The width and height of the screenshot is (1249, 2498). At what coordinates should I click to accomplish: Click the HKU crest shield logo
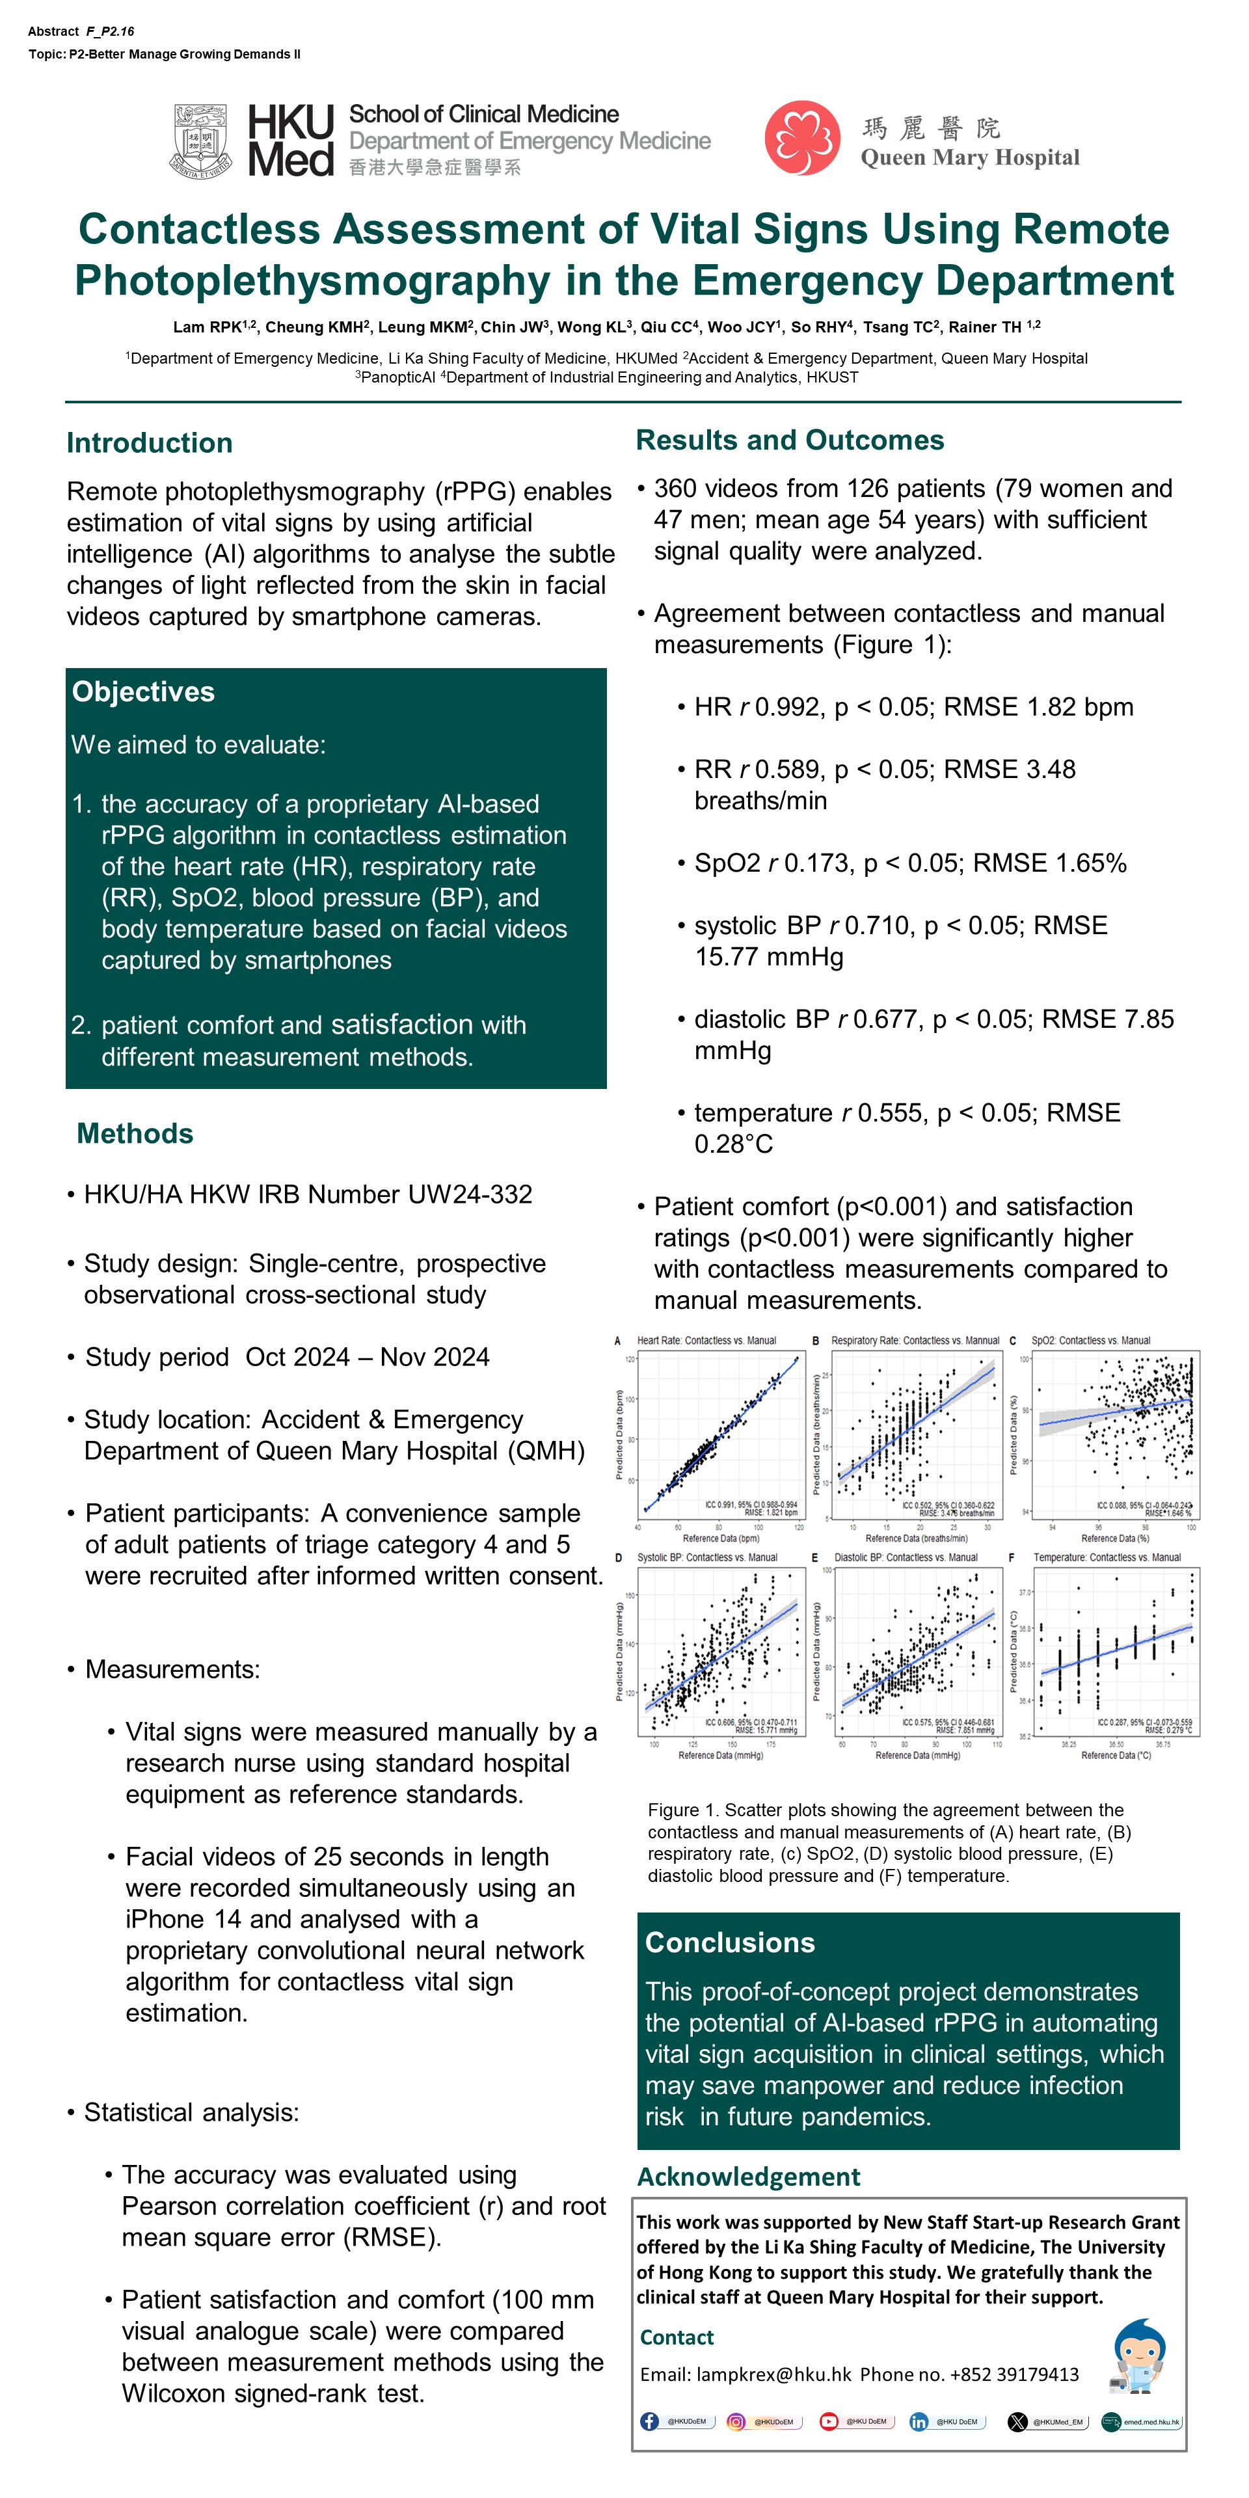(202, 141)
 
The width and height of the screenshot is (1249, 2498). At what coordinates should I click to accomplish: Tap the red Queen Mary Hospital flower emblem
(802, 139)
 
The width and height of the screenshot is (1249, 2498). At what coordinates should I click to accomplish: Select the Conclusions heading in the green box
(730, 1942)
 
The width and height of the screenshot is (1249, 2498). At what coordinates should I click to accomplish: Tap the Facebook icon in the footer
(650, 2421)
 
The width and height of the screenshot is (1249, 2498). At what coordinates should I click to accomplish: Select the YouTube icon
(829, 2421)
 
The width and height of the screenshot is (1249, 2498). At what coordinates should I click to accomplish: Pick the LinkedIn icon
(919, 2421)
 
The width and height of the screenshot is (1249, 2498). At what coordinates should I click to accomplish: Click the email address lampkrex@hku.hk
(774, 2374)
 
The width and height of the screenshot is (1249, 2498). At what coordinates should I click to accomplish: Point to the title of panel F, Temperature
(1107, 1557)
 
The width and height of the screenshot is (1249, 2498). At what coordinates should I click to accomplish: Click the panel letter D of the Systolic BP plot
(619, 1557)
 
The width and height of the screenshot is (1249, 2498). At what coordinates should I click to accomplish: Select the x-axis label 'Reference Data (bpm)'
(721, 1538)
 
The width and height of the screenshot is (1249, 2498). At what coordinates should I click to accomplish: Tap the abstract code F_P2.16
(109, 32)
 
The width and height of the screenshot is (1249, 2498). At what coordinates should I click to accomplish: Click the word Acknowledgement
(747, 2177)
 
